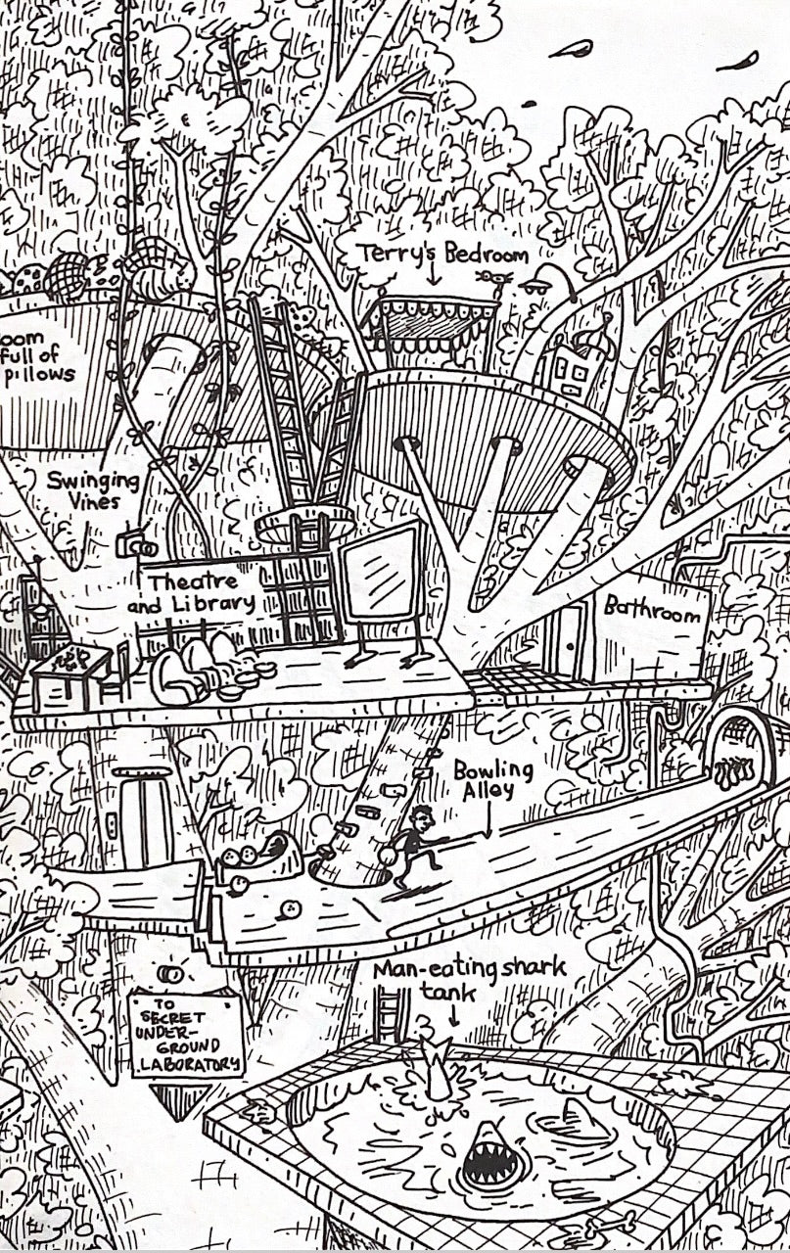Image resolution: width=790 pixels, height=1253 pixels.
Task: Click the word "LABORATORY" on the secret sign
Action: (x=186, y=1064)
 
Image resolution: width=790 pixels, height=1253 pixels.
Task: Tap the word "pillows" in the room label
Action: (x=39, y=374)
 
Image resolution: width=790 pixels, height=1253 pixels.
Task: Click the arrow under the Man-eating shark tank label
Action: (x=452, y=1018)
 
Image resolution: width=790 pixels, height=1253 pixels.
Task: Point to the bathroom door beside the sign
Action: (x=569, y=641)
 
